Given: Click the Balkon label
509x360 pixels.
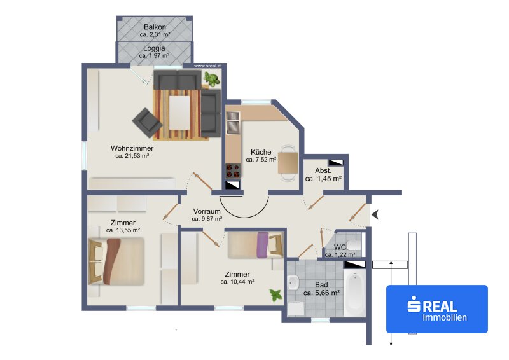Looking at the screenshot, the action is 155,27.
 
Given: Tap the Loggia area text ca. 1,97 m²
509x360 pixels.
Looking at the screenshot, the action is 154,55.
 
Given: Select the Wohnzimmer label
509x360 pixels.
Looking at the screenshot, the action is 132,148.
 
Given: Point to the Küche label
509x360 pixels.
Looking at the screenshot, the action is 261,152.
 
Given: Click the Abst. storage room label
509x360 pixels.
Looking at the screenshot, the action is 323,170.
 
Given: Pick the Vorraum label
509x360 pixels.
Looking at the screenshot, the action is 207,211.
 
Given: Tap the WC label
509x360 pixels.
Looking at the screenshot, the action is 340,247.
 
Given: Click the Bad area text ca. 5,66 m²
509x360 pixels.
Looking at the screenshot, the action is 322,293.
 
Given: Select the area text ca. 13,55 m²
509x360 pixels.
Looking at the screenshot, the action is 123,230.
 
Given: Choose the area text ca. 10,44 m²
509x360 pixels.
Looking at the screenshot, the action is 237,282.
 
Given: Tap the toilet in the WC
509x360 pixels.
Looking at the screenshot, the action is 354,244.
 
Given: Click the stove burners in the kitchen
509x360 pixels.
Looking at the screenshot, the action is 233,171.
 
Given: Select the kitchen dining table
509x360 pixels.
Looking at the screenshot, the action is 288,163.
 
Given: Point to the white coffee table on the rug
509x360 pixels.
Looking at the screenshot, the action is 179,113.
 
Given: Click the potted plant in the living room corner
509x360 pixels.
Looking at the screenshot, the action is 212,80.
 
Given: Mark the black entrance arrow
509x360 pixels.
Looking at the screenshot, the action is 375,214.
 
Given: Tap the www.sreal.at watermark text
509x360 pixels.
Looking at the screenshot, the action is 208,66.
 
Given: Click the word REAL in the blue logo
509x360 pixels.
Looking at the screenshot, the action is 440,307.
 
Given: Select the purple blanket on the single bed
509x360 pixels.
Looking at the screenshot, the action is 263,244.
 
